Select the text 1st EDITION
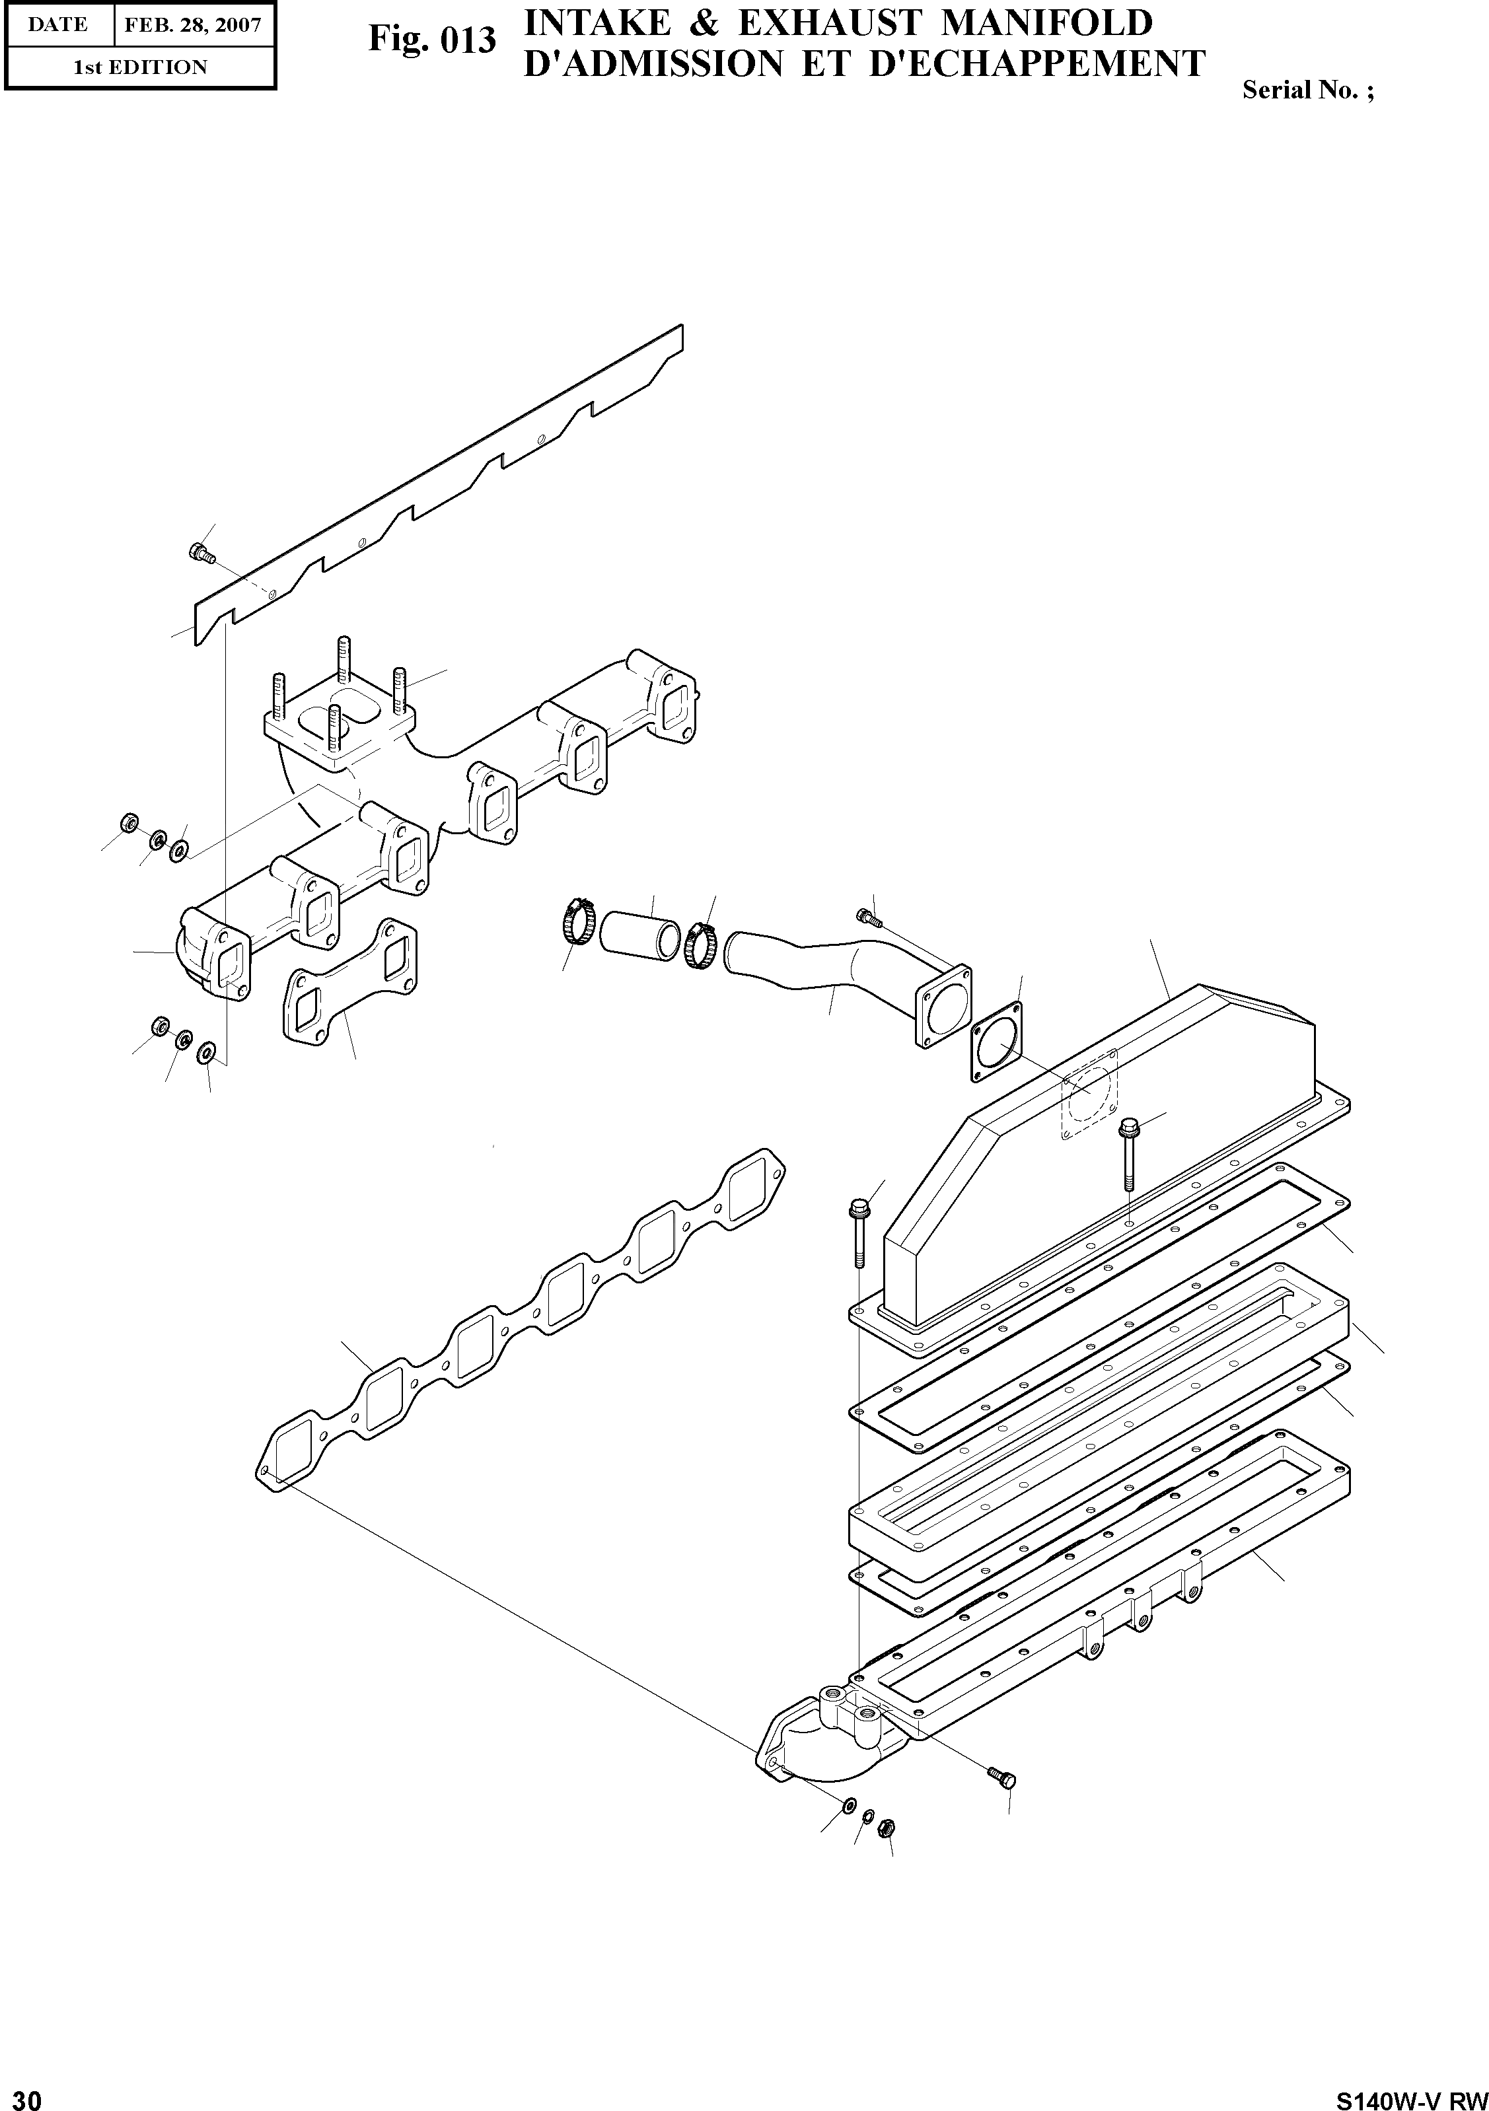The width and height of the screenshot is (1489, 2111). coord(140,67)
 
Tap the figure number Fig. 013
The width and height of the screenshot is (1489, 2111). coord(431,40)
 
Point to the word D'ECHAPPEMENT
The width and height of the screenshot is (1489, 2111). coord(1036,63)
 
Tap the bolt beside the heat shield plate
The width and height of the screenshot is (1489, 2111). coord(200,554)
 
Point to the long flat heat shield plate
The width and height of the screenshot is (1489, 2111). coord(441,478)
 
